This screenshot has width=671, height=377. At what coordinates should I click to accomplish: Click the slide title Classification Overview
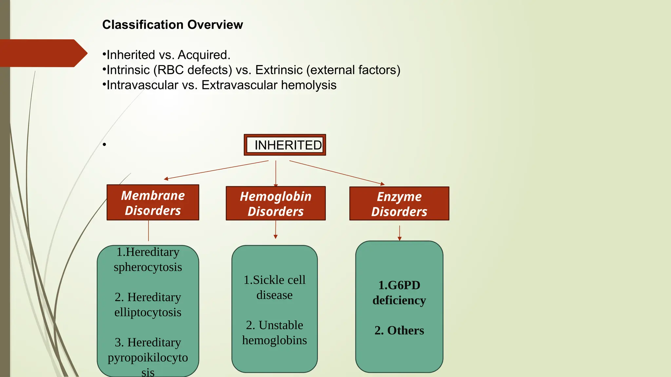172,25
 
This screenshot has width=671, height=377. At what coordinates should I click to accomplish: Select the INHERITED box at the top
285,145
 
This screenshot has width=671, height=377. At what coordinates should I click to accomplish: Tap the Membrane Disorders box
153,203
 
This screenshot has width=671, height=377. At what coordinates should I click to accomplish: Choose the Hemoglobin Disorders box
276,204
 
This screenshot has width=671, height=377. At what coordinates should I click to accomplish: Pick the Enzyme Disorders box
399,204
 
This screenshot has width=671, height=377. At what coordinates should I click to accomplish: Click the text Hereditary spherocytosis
148,260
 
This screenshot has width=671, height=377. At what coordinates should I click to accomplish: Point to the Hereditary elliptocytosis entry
148,305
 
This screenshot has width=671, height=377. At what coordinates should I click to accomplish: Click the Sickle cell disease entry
275,287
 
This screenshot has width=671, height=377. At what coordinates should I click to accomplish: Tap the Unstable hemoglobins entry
275,332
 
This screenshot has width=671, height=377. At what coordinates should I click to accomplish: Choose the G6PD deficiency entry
399,293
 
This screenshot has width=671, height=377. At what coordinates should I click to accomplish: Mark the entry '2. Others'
399,331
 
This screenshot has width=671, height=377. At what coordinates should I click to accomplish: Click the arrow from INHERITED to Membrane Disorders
216,170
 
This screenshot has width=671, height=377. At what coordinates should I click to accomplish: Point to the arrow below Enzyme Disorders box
399,233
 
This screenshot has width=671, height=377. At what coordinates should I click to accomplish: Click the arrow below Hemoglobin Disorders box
276,230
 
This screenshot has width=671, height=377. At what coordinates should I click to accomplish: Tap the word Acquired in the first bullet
204,55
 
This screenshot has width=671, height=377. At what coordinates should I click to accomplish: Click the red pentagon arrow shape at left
43,53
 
